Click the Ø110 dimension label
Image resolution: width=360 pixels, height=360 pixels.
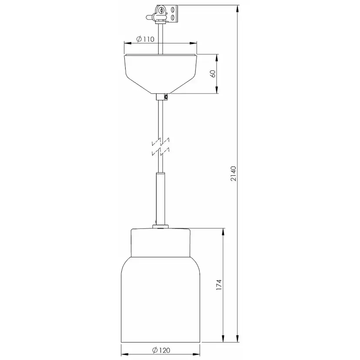pyautogui.click(x=145, y=39)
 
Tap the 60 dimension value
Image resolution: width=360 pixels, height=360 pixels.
pyautogui.click(x=213, y=74)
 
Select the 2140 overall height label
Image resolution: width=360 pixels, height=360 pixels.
pyautogui.click(x=233, y=173)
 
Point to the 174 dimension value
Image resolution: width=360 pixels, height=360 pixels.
pyautogui.click(x=219, y=285)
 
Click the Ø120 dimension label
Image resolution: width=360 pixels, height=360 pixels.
pyautogui.click(x=161, y=350)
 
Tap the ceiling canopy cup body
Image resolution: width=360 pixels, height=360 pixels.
pyautogui.click(x=160, y=74)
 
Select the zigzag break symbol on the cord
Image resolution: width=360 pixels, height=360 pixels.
pyautogui.click(x=160, y=147)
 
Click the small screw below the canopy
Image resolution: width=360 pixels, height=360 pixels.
pyautogui.click(x=166, y=97)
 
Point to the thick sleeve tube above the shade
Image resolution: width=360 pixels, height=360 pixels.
pyautogui.click(x=160, y=199)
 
